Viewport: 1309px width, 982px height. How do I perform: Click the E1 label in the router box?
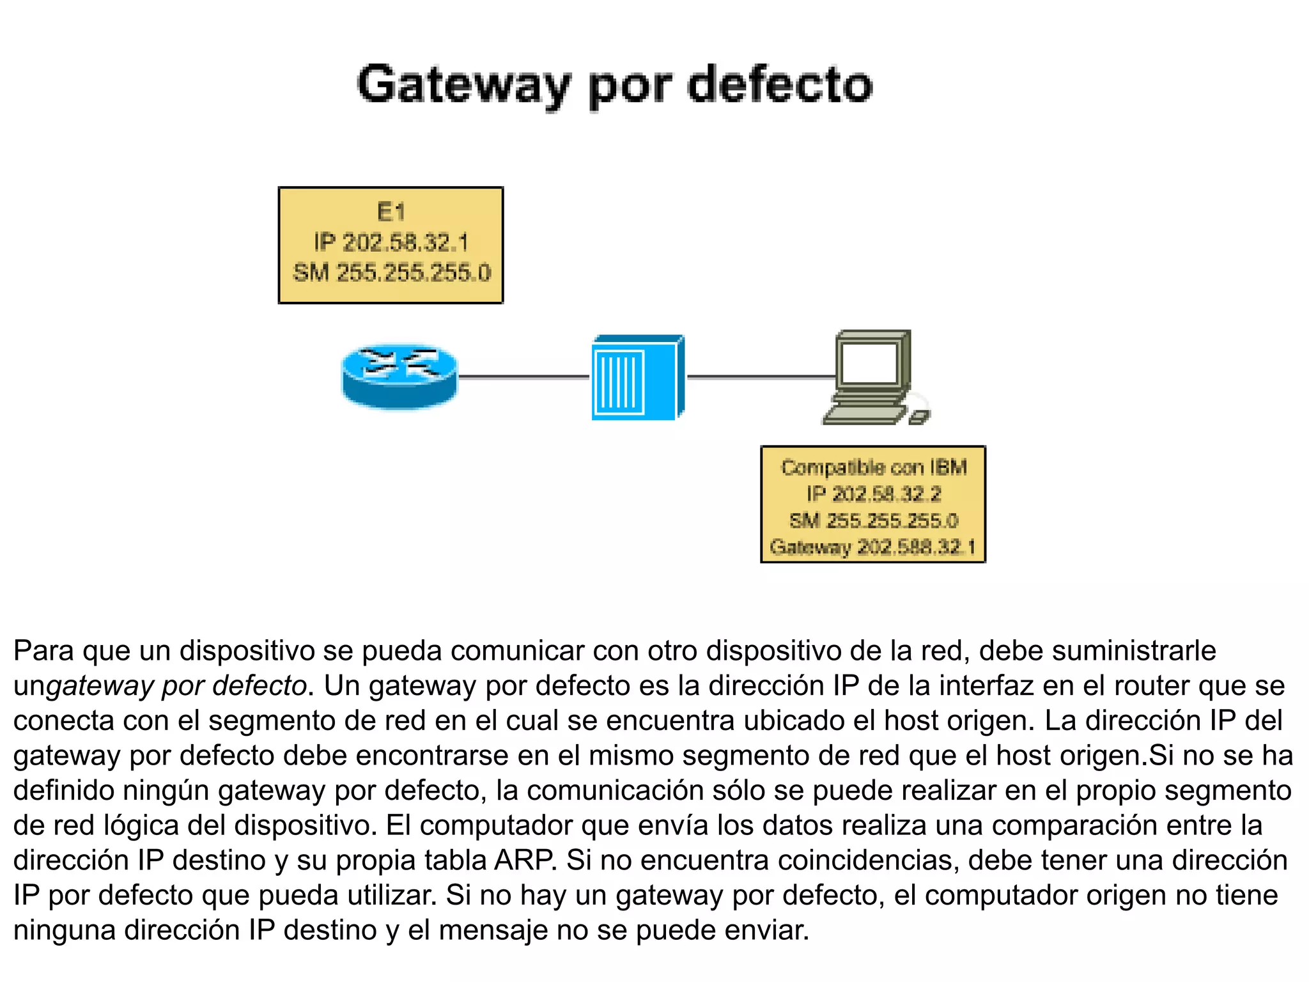point(391,212)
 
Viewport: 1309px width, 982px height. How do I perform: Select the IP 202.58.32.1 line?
point(391,242)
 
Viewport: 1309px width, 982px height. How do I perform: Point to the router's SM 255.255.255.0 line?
point(391,273)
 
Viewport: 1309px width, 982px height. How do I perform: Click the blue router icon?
point(399,377)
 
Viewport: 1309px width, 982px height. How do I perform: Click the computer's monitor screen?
point(869,362)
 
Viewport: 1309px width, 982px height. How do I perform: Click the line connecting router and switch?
point(524,377)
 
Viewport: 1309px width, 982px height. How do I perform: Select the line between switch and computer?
point(761,377)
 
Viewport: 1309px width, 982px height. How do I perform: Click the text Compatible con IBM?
point(873,467)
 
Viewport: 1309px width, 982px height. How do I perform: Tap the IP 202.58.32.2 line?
point(873,494)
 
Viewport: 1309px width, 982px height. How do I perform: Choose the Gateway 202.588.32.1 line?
point(873,547)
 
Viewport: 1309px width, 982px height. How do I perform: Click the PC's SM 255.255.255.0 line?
point(873,520)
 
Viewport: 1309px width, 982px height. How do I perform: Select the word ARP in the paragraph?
point(524,861)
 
